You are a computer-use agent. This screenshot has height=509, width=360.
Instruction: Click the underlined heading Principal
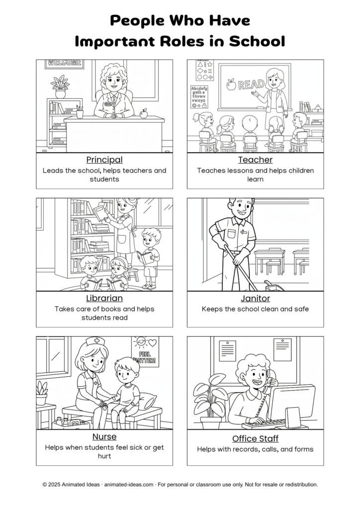pyautogui.click(x=104, y=160)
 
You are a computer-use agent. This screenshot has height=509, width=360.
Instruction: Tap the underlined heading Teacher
pyautogui.click(x=255, y=160)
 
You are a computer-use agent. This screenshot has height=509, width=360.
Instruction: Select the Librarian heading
pyautogui.click(x=104, y=298)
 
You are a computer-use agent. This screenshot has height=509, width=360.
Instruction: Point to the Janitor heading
pyautogui.click(x=255, y=298)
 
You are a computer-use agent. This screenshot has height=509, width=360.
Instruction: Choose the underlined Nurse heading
pyautogui.click(x=104, y=436)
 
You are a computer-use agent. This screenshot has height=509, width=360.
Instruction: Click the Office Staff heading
pyautogui.click(x=255, y=438)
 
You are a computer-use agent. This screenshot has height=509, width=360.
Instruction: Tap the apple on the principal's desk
pyautogui.click(x=144, y=114)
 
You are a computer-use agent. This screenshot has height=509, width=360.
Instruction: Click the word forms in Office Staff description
pyautogui.click(x=303, y=449)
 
